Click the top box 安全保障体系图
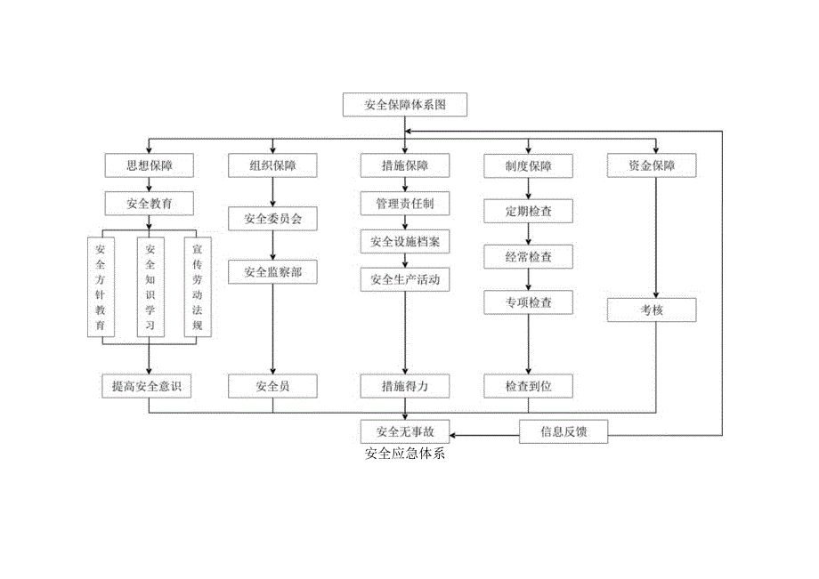404,105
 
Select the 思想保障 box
149,165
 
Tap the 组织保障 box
273,165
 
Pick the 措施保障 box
405,165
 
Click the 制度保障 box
529,165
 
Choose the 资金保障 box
652,165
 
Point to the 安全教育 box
149,204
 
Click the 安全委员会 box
273,218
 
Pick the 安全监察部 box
273,271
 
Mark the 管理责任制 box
405,204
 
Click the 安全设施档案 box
405,242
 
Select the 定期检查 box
529,212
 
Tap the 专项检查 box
529,302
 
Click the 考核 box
652,310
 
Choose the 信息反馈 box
564,432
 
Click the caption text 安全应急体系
405,453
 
